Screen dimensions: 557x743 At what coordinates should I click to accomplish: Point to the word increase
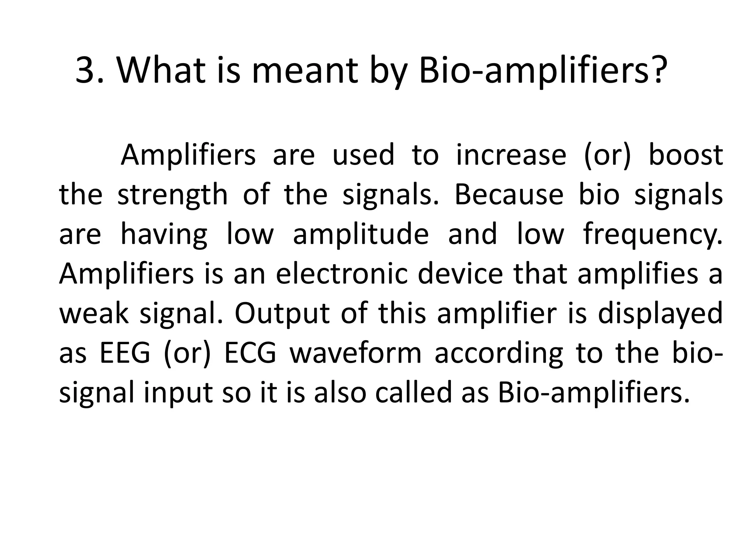point(511,155)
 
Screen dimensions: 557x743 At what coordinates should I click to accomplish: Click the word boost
point(685,155)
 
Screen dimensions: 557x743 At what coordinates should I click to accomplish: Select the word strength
point(173,195)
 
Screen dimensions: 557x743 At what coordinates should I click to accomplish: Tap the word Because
point(509,195)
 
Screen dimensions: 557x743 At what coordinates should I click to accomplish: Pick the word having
point(164,235)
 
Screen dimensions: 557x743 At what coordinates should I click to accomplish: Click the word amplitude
point(361,235)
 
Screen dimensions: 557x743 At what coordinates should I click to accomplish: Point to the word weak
point(94,314)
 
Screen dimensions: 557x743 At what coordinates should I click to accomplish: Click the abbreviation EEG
point(125,354)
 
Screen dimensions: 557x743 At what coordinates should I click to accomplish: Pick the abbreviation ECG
point(250,354)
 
